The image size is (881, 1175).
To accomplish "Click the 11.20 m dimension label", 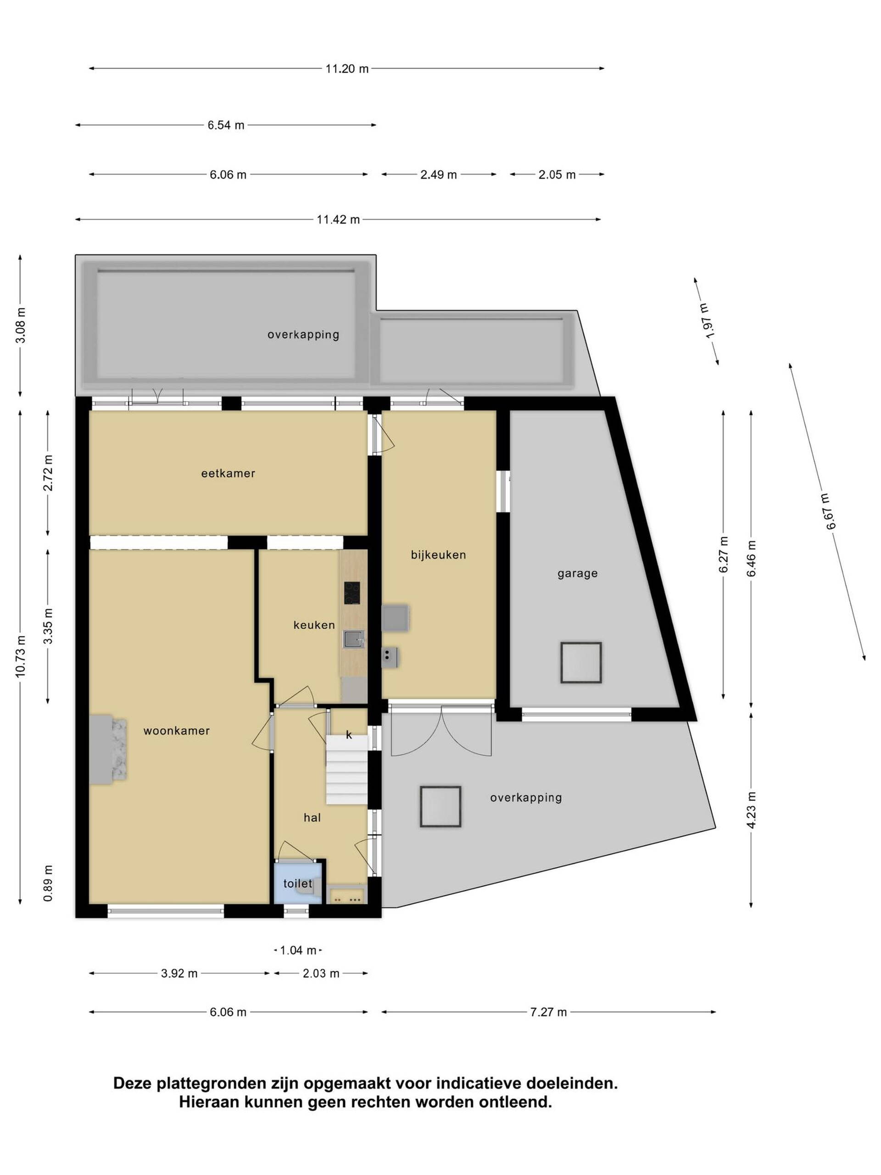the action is point(347,68).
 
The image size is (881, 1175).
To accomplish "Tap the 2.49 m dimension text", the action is point(439,175).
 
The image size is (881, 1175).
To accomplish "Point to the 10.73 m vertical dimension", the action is point(21,656).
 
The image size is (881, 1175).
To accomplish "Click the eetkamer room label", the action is point(229,473).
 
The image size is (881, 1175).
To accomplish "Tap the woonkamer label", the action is point(177,731).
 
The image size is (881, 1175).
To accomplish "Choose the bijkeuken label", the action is point(439,555).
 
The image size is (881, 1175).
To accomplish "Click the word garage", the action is point(578,574).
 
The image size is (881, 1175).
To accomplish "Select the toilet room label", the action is point(298,884).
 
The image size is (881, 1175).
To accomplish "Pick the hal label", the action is point(312,818).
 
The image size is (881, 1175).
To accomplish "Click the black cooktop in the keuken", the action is point(352,593).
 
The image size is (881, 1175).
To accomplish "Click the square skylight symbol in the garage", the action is point(581,663).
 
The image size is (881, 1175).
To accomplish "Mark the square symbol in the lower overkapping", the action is point(440,806).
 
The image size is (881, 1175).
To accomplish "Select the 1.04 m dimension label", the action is point(298,950).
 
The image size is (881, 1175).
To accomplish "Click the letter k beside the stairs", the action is point(349,735).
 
